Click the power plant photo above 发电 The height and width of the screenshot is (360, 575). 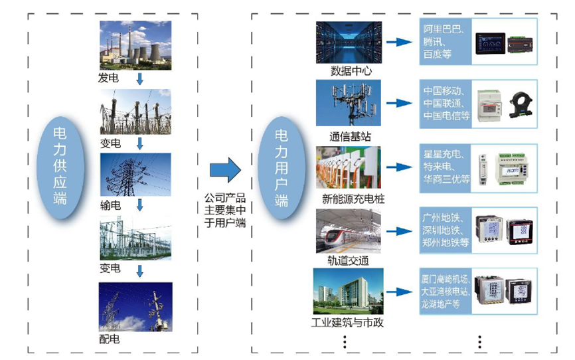tap(135, 45)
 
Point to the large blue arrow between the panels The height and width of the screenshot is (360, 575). tap(224, 170)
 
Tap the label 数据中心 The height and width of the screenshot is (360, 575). tap(351, 71)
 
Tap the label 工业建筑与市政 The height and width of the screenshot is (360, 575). tap(347, 323)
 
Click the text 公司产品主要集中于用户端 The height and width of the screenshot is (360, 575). tap(225, 210)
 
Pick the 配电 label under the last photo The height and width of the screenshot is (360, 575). tap(110, 338)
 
